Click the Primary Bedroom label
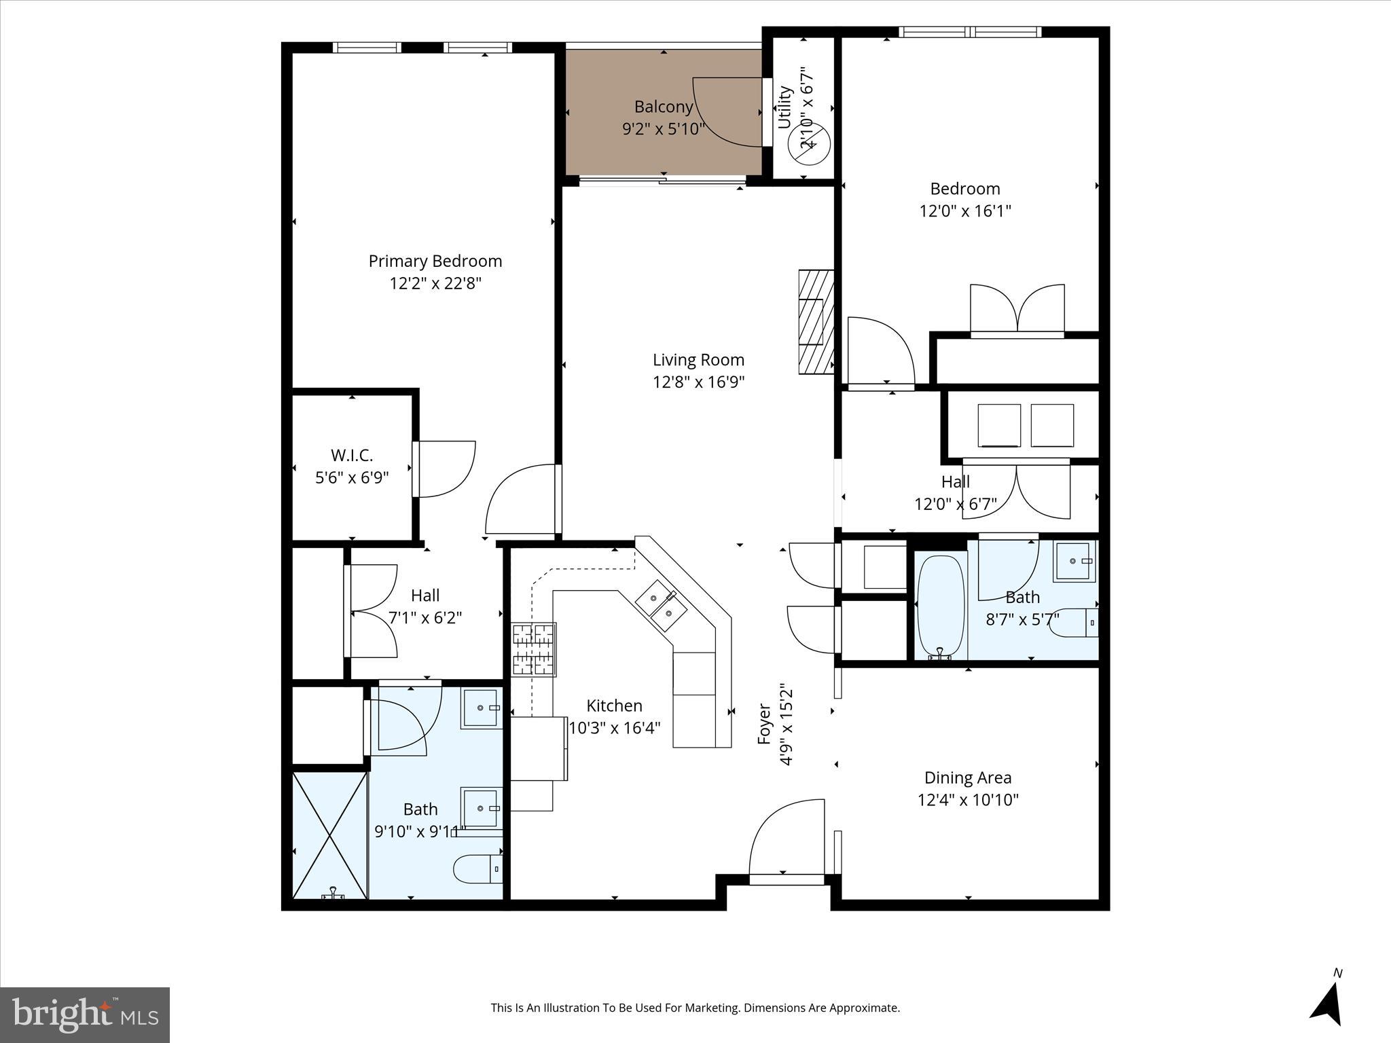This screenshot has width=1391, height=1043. coord(435,261)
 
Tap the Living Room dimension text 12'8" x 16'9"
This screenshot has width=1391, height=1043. coord(698,382)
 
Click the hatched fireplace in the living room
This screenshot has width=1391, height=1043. coord(816,322)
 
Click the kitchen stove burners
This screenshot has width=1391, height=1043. coord(534,650)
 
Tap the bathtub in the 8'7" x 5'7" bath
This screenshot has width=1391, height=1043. coord(940,606)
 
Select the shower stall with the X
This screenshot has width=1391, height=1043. coord(329,835)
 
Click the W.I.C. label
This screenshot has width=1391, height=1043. coord(352,455)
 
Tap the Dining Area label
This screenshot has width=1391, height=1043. coord(968,777)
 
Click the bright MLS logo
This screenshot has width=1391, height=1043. coord(85,1014)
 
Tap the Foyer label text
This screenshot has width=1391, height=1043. coord(765,725)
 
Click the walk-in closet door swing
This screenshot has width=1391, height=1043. coord(445,469)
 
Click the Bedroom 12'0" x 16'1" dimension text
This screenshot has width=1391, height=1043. coord(964,211)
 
